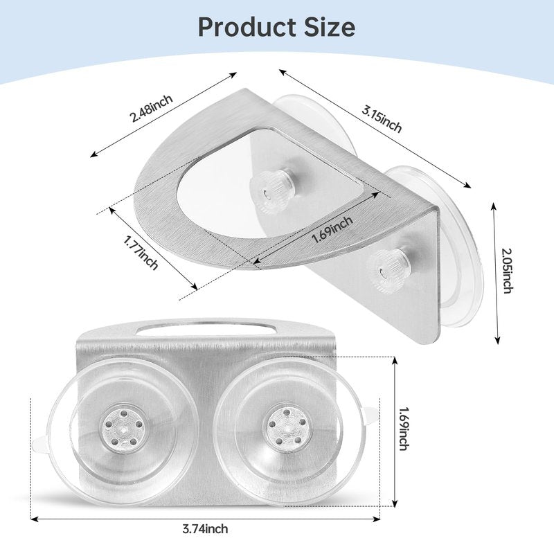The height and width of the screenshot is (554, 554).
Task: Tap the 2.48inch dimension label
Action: [x=151, y=109]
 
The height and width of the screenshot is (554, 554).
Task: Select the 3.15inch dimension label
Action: [x=382, y=119]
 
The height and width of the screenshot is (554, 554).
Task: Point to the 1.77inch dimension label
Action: [x=141, y=253]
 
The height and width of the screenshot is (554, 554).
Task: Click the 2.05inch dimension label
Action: [x=508, y=271]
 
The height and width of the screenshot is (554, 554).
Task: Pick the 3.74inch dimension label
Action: [x=205, y=529]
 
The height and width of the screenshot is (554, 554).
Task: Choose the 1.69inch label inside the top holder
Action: [x=332, y=230]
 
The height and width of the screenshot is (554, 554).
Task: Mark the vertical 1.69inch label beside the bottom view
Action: [x=404, y=429]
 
